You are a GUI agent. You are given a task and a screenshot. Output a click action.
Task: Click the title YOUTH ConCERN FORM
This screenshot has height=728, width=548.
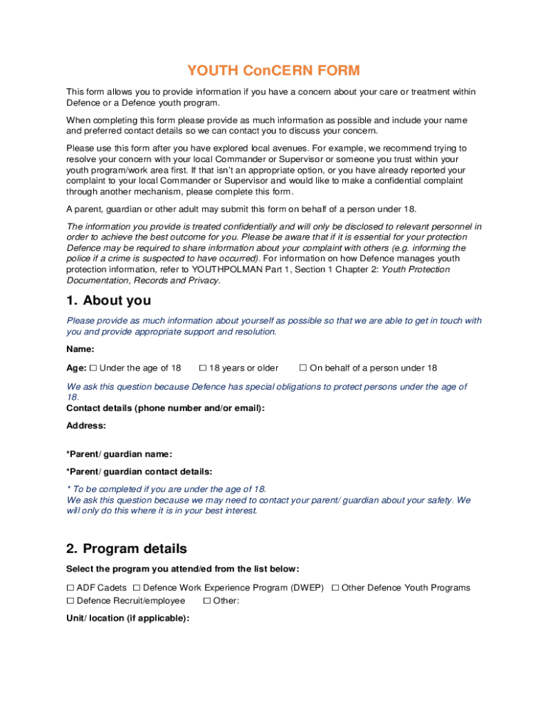273,70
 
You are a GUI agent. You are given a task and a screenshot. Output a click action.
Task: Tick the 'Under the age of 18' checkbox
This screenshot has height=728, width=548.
93,368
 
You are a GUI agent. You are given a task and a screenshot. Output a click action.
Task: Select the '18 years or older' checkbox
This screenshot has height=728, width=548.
203,368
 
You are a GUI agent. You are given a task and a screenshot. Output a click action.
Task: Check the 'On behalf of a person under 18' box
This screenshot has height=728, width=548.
302,368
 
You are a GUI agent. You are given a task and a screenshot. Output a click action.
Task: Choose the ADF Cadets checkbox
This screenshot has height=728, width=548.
70,588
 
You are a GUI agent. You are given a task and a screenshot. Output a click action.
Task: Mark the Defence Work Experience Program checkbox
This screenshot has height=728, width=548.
137,588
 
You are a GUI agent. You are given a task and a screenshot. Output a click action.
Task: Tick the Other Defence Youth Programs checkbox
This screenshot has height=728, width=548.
335,588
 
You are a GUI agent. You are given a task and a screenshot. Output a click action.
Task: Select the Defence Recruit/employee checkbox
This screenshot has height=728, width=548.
70,601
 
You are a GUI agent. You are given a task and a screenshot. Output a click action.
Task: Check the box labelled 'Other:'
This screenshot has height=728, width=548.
206,601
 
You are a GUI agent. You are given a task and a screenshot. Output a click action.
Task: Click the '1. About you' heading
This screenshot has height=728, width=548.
108,301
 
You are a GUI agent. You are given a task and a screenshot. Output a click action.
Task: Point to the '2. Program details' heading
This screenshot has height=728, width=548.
127,549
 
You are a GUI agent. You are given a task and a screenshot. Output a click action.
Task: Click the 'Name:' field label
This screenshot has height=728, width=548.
80,349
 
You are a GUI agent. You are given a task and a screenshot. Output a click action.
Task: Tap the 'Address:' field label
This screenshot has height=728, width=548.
86,426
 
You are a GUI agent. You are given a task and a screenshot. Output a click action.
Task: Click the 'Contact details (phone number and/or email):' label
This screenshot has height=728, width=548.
165,408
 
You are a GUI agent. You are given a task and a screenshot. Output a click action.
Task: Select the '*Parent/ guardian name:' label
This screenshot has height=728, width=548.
119,454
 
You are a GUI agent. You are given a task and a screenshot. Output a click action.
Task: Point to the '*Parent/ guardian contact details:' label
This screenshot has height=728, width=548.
139,471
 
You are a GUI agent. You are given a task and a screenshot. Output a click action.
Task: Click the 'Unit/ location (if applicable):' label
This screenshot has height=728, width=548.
127,619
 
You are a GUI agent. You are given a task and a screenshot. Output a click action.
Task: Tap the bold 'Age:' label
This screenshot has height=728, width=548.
76,368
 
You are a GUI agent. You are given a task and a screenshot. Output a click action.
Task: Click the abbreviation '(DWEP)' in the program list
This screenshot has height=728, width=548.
307,588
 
